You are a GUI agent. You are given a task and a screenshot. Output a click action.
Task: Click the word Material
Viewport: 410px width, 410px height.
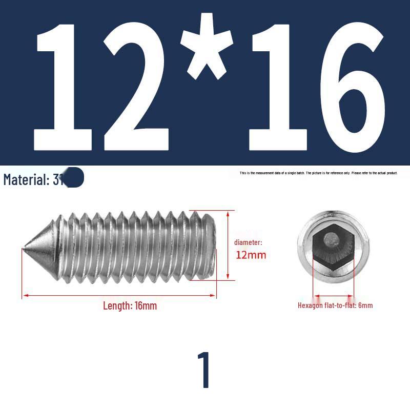click(x=26, y=180)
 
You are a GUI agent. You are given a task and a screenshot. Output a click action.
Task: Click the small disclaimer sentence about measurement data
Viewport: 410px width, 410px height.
click(x=318, y=173)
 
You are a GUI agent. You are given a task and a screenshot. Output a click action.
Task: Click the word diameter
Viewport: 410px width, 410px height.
click(x=248, y=242)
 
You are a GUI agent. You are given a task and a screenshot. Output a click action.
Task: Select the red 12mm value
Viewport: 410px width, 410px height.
click(x=251, y=255)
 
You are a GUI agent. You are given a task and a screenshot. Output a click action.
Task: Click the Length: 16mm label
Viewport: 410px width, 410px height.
click(x=130, y=306)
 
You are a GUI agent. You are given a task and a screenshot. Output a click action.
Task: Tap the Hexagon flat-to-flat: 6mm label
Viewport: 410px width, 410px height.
click(x=335, y=305)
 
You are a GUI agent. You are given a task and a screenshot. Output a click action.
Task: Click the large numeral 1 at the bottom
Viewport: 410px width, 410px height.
click(x=204, y=370)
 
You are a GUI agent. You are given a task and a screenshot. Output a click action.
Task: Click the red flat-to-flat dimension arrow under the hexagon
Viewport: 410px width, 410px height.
click(x=333, y=296)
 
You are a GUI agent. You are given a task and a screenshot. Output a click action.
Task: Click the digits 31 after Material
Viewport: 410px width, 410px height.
click(x=57, y=180)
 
